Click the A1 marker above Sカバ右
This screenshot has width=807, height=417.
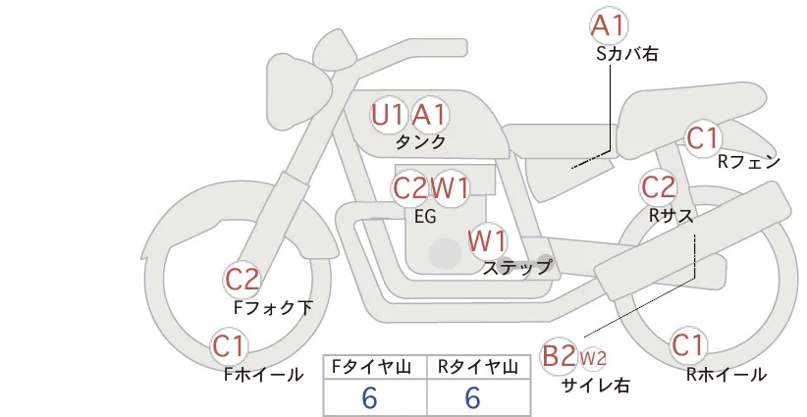(609, 26)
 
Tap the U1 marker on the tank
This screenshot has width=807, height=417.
(388, 115)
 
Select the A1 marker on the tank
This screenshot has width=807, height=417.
(429, 115)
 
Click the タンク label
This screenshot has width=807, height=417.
(420, 142)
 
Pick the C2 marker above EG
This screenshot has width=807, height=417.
(410, 188)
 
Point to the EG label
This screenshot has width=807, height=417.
(425, 217)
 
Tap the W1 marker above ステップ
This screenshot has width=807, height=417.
(487, 240)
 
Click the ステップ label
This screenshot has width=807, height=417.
(516, 268)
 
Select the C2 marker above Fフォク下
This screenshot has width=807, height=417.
(242, 280)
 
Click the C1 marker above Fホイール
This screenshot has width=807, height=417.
(229, 346)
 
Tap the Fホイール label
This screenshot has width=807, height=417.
(263, 375)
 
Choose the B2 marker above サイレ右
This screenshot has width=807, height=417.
(559, 356)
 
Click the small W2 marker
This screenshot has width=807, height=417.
(593, 357)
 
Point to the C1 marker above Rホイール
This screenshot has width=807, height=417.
(688, 345)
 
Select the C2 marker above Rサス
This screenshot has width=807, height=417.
(658, 186)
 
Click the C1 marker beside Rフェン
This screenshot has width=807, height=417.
(703, 138)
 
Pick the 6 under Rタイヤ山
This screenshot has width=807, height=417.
(472, 398)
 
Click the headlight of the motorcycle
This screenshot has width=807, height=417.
(298, 87)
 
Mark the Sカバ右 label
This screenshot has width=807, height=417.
(627, 54)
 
